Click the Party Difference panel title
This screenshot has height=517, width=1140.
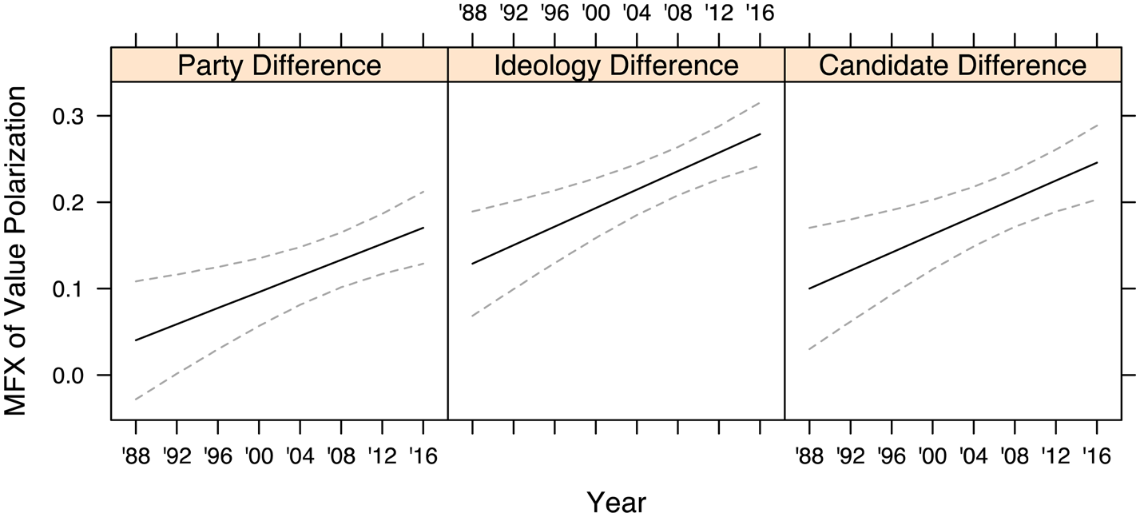coord(279,66)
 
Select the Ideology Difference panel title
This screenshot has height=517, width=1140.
coord(616,66)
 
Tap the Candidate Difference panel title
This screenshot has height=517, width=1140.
coord(953,66)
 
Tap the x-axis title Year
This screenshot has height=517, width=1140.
coord(616,502)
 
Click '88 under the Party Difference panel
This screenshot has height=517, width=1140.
coord(136,455)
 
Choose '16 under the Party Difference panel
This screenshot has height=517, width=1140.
coord(423,455)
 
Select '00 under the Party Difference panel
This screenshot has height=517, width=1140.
coord(259,455)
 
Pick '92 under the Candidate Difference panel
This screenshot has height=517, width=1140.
coord(850,455)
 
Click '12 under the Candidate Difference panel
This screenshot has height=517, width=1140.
coord(1055,455)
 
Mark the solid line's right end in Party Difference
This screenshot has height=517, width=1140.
coord(423,228)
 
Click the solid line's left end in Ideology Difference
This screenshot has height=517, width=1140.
coord(473,263)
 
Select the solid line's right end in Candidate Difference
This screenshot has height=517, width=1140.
coord(1097,163)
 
